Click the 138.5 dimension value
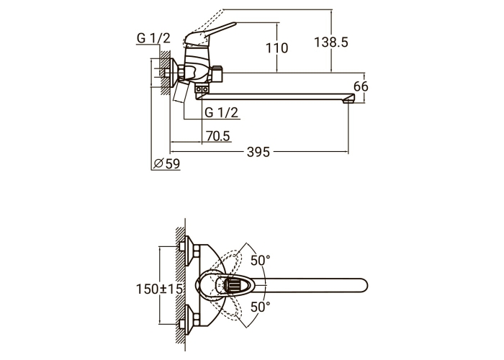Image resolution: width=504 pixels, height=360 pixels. (330, 42)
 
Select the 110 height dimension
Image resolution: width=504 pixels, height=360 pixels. (276, 48)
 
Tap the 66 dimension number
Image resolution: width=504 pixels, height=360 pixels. (361, 86)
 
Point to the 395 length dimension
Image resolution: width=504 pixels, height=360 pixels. (258, 152)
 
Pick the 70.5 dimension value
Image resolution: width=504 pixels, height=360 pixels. (218, 136)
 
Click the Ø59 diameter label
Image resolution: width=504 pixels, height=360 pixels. (167, 163)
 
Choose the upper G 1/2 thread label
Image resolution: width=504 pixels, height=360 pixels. (153, 38)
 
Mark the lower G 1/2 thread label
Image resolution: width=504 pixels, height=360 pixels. (222, 112)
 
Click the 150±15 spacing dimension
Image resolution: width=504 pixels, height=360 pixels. (159, 289)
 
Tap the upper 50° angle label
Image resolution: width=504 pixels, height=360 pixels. (261, 261)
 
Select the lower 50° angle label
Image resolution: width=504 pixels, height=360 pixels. (261, 307)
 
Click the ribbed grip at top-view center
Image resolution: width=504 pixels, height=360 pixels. (234, 285)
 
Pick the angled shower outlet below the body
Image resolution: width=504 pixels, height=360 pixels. (181, 91)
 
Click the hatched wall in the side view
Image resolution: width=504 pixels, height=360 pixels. (165, 72)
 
